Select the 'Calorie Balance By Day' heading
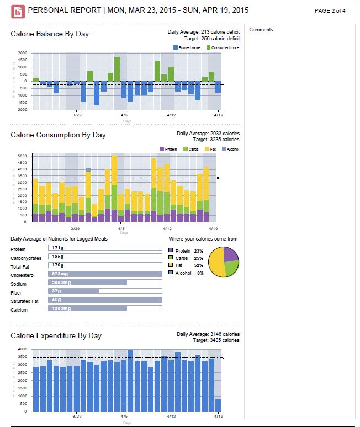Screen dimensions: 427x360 [50, 34]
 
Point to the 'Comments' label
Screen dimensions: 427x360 [261, 30]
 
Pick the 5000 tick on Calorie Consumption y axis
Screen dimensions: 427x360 [22, 156]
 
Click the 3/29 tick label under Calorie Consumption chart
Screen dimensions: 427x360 [76, 228]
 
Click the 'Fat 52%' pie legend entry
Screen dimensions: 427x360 [184, 265]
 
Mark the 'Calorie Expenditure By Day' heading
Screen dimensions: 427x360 [56, 335]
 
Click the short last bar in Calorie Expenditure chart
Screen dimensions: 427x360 [218, 405]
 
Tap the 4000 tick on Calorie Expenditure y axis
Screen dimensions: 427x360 [22, 349]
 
